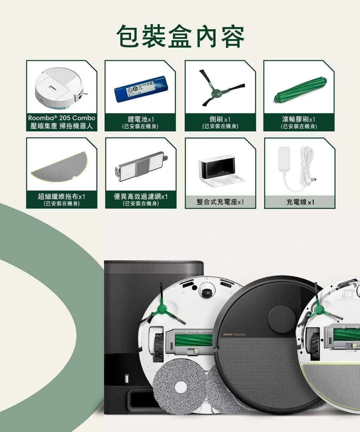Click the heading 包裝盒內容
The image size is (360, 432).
[x=180, y=37]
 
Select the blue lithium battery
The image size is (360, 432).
[x=142, y=89]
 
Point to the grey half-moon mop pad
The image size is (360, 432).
[x=59, y=167]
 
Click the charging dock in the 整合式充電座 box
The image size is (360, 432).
[x=221, y=171]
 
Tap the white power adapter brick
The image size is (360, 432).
[x=284, y=159]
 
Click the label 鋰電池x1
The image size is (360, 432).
[x=141, y=119]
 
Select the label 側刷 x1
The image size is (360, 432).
[x=220, y=119]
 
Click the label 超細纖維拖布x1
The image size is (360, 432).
[x=62, y=196]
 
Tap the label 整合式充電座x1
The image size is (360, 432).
[x=220, y=202]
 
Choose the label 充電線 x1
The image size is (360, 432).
[x=300, y=202]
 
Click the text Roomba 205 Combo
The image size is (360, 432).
[x=62, y=118]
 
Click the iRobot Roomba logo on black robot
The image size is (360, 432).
[x=234, y=334]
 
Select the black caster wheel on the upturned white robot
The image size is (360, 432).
[x=206, y=292]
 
